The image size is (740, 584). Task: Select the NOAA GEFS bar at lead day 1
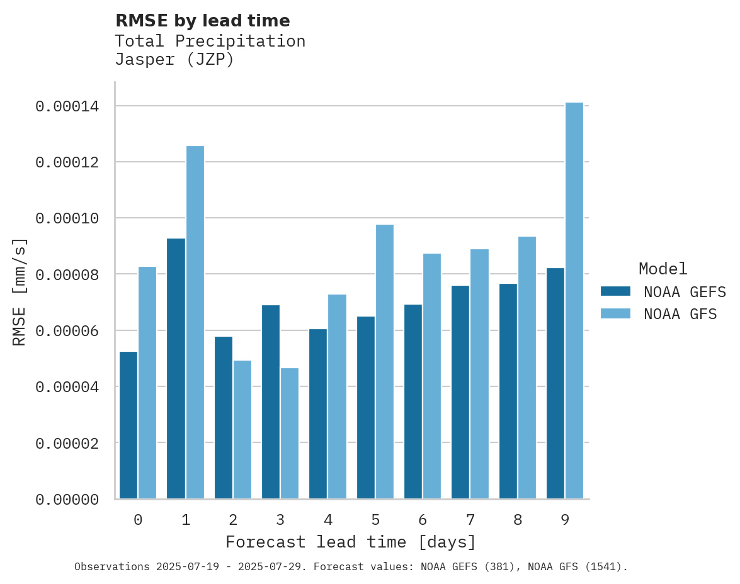176,369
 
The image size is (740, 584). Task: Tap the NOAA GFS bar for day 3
290,434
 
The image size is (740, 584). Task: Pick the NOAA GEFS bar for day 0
128,425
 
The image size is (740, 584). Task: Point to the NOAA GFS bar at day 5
384,362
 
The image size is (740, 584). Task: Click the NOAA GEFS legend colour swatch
615,291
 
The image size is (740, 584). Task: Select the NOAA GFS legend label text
680,313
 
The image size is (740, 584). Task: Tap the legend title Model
663,269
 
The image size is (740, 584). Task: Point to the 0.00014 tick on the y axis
67,106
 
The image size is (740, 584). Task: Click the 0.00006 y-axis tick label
67,331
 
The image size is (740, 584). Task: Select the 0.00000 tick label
67,500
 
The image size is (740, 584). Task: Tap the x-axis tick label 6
423,520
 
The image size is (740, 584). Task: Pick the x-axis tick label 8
518,520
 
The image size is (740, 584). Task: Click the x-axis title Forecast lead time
351,542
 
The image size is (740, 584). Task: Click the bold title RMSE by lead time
202,21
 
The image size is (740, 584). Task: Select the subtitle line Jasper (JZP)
174,60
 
